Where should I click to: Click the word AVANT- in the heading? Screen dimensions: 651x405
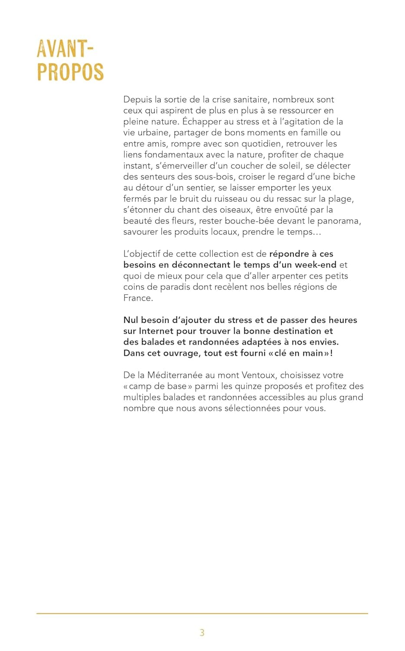coord(65,49)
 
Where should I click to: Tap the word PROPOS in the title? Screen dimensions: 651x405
coord(70,72)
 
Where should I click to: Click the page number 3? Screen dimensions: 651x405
coord(202,632)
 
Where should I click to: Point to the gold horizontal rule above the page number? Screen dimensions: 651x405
coord(202,613)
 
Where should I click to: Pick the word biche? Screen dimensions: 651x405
coord(344,177)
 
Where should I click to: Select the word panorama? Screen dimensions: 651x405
coord(338,221)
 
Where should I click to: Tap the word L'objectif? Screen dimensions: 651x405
coord(142,254)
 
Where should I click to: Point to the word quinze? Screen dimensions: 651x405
coord(247,386)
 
